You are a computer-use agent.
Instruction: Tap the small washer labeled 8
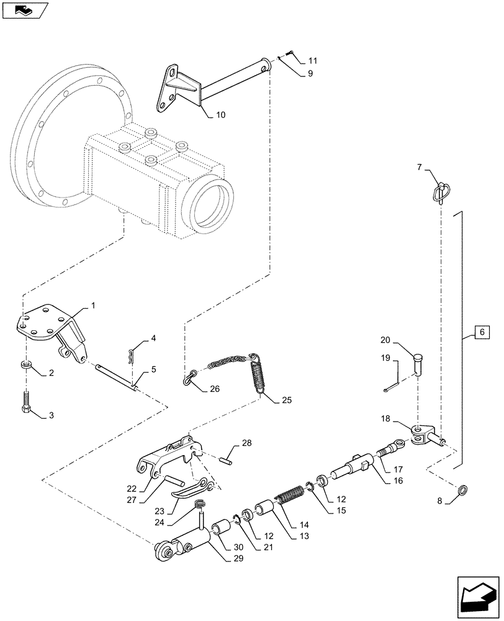tap(462, 490)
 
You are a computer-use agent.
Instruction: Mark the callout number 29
tap(238, 558)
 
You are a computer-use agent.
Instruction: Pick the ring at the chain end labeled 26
tap(190, 378)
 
